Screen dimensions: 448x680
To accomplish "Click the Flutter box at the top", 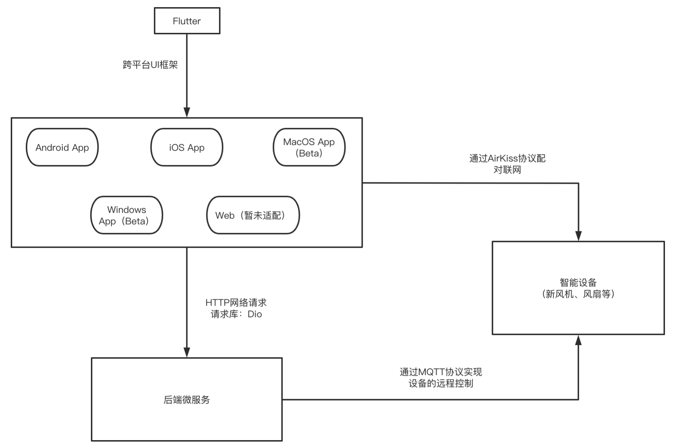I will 187,21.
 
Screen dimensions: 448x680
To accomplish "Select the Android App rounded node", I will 62,147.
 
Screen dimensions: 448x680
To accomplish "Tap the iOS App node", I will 187,147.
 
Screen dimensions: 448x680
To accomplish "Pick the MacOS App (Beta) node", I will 309,147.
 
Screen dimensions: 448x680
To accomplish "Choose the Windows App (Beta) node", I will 126,215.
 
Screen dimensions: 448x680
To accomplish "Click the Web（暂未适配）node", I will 253,215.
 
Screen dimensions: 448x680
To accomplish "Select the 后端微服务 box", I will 187,399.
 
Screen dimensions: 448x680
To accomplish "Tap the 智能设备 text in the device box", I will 578,282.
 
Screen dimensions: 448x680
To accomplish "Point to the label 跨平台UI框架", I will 150,65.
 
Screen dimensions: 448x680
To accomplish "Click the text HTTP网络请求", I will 236,302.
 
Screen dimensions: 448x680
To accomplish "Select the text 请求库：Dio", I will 236,314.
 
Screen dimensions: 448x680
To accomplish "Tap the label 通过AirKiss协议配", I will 507,158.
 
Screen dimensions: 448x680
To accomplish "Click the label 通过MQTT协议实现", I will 440,372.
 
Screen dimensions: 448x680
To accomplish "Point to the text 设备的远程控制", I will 440,383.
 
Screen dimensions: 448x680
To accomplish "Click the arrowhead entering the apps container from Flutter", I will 187,112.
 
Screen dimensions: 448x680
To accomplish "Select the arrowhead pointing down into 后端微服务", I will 187,352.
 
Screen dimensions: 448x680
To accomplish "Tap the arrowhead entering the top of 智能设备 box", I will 578,236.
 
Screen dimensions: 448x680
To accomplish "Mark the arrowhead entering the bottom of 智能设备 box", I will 578,340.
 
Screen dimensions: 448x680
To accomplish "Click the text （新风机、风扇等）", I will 578,294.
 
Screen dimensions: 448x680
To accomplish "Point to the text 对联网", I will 507,170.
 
